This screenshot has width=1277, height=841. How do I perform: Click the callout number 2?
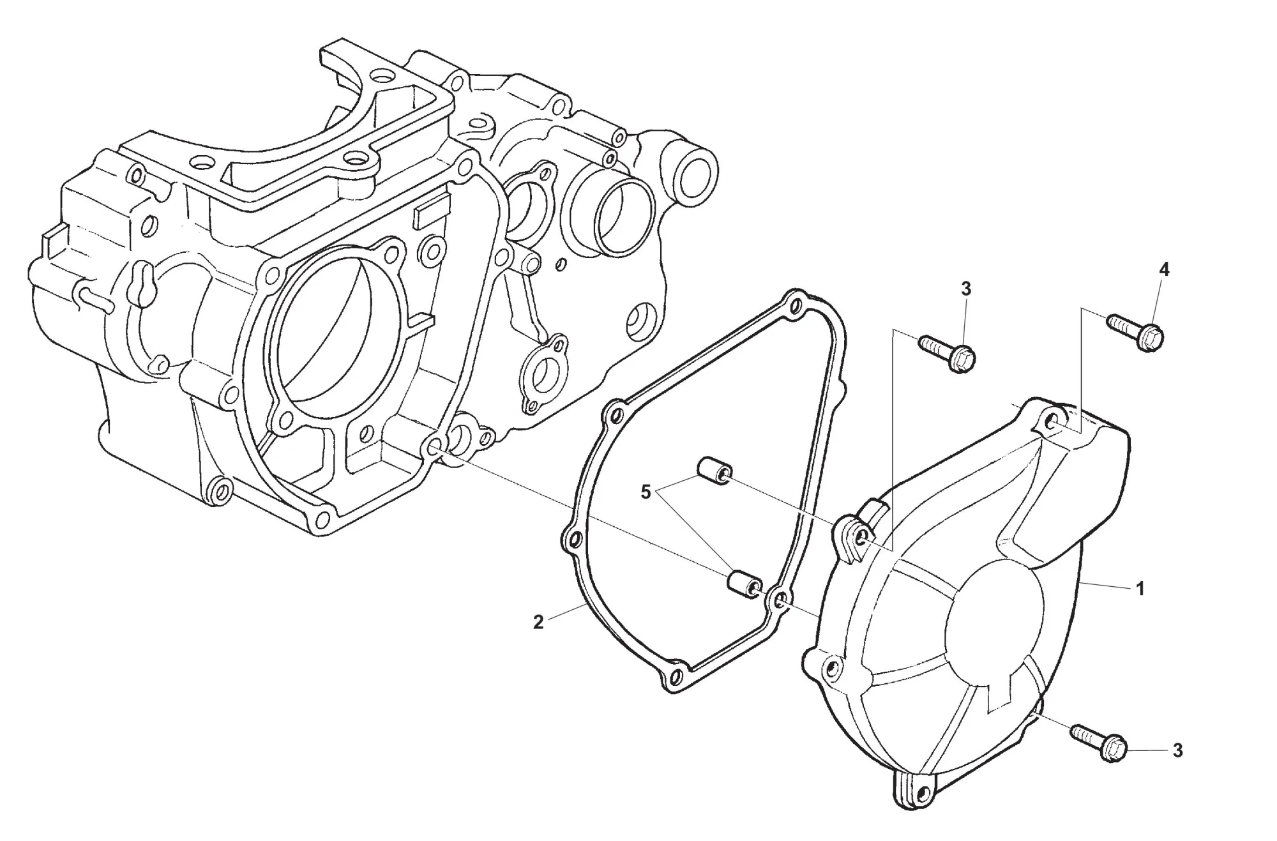[x=538, y=622]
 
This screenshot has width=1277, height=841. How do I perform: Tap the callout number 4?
[x=1164, y=270]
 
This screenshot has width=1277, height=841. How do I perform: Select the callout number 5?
[x=646, y=492]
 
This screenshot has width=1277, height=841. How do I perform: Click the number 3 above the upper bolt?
[x=965, y=289]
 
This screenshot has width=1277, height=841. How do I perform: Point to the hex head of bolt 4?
[x=1151, y=337]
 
